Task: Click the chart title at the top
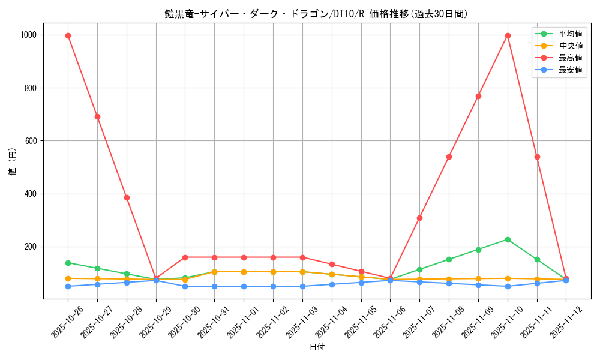316,14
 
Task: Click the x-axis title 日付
317,347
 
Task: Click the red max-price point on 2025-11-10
508,35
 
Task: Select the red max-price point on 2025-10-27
97,116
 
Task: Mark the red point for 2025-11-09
478,96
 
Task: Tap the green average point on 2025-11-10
508,239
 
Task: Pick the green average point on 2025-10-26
68,263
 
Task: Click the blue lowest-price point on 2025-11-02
273,286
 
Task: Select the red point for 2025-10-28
127,197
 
